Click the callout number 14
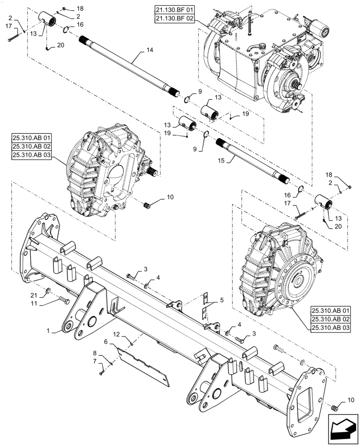[149, 50]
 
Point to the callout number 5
[222, 300]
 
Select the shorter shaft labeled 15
[254, 160]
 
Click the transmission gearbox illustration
[263, 62]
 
